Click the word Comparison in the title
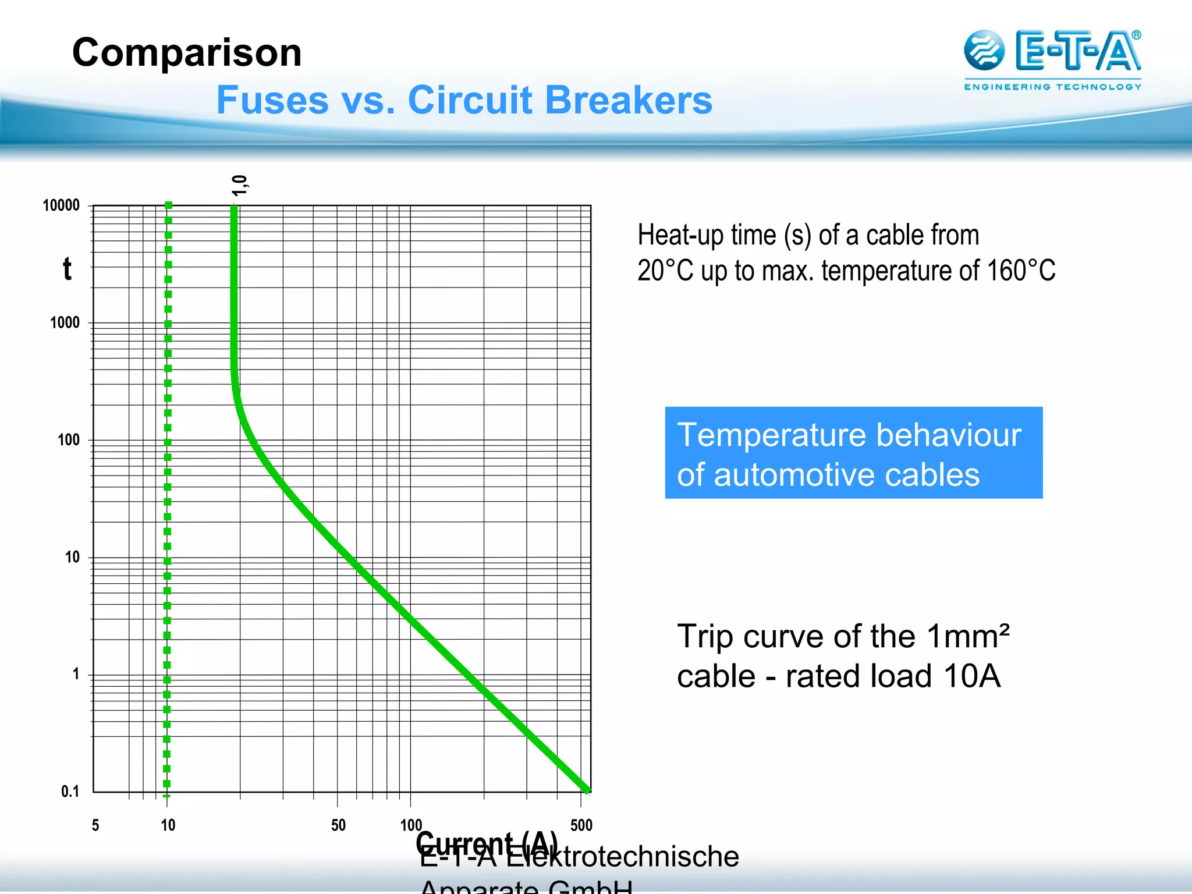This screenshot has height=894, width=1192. click(187, 52)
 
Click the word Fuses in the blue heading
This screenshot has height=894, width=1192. click(271, 100)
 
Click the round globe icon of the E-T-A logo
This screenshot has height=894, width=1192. click(984, 50)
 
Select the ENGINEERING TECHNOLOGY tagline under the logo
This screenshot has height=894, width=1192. click(1052, 87)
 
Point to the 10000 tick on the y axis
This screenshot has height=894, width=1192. click(61, 205)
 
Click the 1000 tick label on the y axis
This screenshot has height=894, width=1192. click(65, 322)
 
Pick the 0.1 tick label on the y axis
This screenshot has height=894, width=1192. click(70, 792)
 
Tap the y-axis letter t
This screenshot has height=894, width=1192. click(68, 269)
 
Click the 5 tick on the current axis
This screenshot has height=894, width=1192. click(95, 825)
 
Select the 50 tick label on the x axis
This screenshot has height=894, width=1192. click(338, 825)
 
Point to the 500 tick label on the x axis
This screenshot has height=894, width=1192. click(581, 825)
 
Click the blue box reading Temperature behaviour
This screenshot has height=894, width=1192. click(853, 453)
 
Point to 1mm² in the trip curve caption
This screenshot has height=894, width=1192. click(968, 636)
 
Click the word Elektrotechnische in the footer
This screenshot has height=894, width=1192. click(622, 857)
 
